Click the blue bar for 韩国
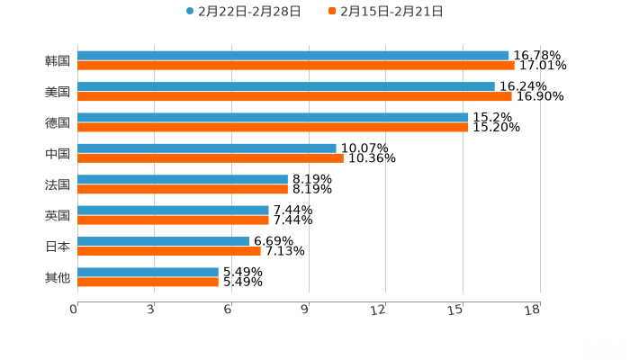pyautogui.click(x=293, y=56)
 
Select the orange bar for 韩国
pyautogui.click(x=296, y=66)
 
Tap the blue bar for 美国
pyautogui.click(x=286, y=86)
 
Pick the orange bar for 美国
pyautogui.click(x=294, y=96)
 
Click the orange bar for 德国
pyautogui.click(x=273, y=127)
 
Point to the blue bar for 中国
pyautogui.click(x=207, y=148)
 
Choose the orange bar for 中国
pyautogui.click(x=211, y=158)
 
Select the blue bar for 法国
pyautogui.click(x=183, y=179)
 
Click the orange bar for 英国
pyautogui.click(x=173, y=220)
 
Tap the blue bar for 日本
pyautogui.click(x=164, y=241)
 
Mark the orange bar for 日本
pyautogui.click(x=169, y=251)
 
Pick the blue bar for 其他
pyautogui.click(x=148, y=272)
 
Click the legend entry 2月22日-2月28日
pyautogui.click(x=244, y=12)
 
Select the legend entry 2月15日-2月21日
pyautogui.click(x=386, y=12)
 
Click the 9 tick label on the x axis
pyautogui.click(x=305, y=310)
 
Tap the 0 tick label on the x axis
pyautogui.click(x=74, y=310)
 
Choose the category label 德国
pyautogui.click(x=58, y=122)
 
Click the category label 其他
pyautogui.click(x=58, y=277)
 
